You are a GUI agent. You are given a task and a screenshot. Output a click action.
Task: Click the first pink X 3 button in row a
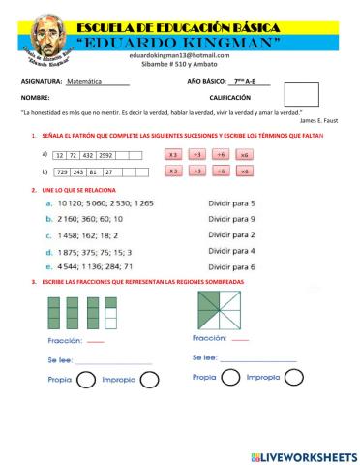point(172,155)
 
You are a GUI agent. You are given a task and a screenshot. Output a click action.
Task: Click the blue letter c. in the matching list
point(48,235)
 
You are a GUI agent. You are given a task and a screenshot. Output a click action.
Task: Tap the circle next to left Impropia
point(148,380)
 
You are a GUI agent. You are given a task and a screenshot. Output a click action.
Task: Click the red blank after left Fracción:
point(95,342)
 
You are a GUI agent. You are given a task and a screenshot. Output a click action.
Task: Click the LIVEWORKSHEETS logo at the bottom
point(303,455)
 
